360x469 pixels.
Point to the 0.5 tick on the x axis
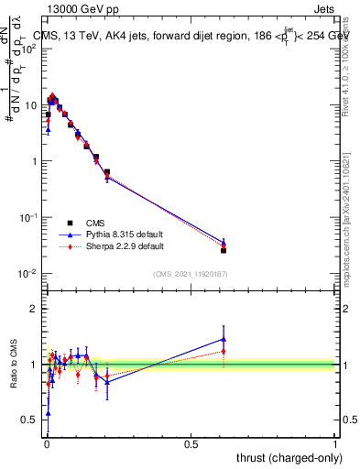click(191, 442)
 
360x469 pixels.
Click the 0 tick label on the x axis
click(47, 442)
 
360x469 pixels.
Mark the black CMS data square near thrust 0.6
click(224, 250)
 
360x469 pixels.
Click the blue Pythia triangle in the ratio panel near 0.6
click(224, 339)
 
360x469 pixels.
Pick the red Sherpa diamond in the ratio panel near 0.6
click(224, 350)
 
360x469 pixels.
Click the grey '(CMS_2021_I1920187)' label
click(191, 273)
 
